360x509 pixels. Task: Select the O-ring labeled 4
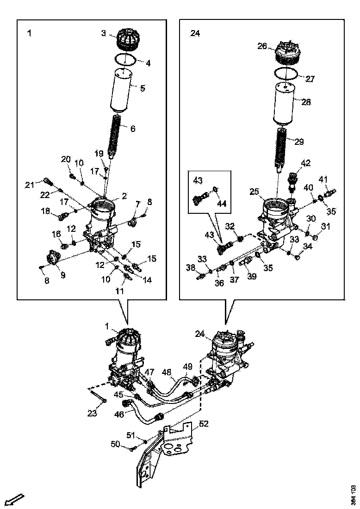125,60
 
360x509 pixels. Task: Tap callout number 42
306,163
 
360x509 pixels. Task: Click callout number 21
30,186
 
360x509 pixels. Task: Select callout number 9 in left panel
62,275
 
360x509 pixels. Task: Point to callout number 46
119,415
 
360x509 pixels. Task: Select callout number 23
92,413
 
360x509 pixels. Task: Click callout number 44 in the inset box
222,204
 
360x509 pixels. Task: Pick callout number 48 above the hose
167,372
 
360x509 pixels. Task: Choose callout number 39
251,276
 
